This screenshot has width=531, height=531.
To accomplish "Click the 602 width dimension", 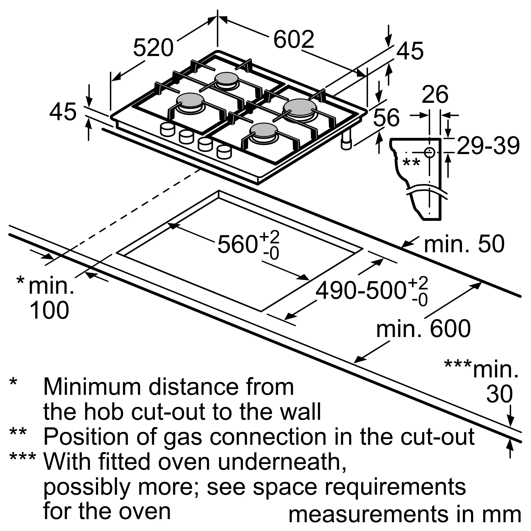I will (294, 40).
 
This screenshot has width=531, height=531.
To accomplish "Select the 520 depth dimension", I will (153, 48).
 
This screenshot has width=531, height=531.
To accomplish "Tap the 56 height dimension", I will (386, 117).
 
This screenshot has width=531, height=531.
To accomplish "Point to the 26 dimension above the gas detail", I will (435, 95).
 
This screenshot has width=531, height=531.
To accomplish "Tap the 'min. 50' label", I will (464, 244).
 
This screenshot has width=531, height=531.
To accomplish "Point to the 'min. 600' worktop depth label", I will (423, 329).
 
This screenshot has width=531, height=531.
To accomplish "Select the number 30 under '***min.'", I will (499, 394).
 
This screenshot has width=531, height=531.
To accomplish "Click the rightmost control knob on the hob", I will (224, 152).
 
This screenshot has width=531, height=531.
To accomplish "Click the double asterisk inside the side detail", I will (411, 163).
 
